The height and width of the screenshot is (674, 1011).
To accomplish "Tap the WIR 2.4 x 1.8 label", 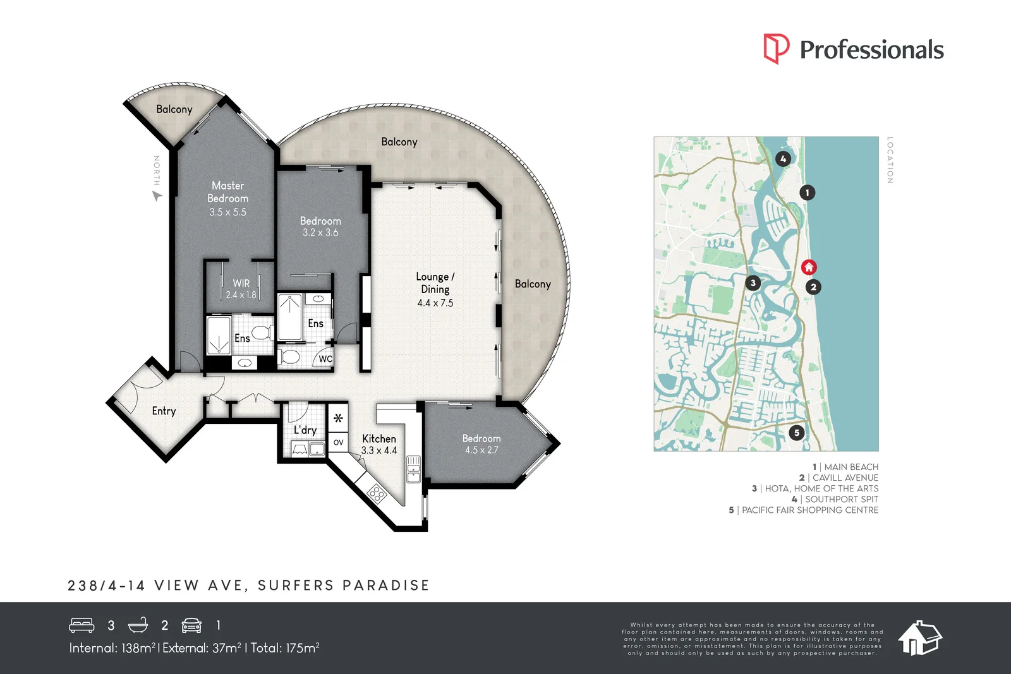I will pos(241,289).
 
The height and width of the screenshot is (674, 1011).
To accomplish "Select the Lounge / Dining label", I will pos(435,283).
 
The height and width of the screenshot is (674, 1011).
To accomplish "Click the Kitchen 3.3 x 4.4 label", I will pos(379,444).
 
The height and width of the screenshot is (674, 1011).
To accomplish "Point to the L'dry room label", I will pos(305,430).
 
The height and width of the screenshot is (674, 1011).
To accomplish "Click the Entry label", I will pos(164,411).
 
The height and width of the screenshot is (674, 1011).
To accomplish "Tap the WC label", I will pos(325,359).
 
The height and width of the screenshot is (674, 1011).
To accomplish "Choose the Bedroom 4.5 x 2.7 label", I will pos(481,444).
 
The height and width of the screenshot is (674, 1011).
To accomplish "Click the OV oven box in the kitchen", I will pos(338,442).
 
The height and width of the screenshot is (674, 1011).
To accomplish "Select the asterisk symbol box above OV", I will pos(338,418).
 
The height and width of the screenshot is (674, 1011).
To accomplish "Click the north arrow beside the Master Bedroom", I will pos(157,196).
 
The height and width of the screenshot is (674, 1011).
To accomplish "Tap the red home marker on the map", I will pos(809,267).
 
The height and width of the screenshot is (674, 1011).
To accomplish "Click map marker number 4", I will pos(783,159).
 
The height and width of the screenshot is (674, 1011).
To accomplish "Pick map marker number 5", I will pos(796,433).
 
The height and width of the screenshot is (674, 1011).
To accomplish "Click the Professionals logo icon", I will pos(776,49).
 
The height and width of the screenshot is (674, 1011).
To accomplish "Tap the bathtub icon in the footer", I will pos(138,625).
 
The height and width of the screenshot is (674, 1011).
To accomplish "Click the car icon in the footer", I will pos(191,625).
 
